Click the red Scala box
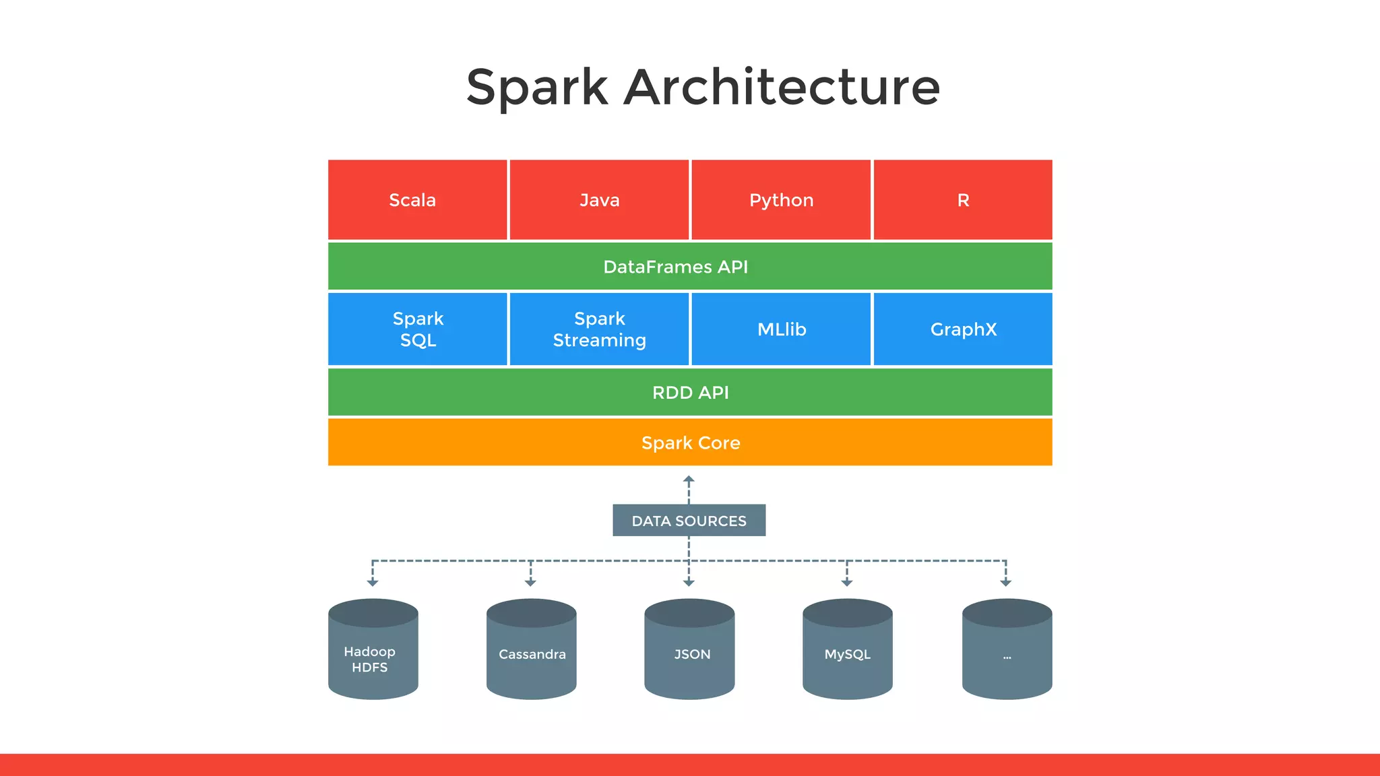click(417, 199)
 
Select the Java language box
click(599, 199)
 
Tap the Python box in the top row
click(781, 199)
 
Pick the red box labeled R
click(963, 199)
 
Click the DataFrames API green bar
click(690, 266)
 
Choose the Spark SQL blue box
click(417, 329)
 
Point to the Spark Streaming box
click(599, 329)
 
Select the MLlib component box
click(781, 329)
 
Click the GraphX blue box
click(963, 329)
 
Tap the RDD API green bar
click(690, 392)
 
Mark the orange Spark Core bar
click(690, 442)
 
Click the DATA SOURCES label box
click(689, 520)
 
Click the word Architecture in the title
click(782, 88)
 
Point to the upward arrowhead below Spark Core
click(689, 480)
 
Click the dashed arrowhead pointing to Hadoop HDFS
click(373, 582)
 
